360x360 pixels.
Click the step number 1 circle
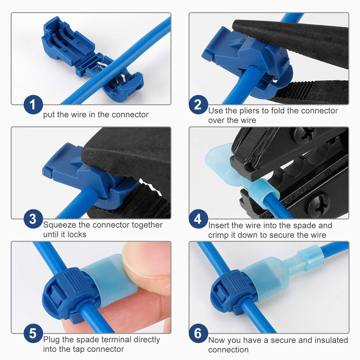[33, 105]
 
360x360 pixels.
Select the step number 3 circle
[33, 219]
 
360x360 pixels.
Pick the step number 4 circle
[198, 219]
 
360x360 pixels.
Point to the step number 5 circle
[33, 333]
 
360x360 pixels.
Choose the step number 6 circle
[198, 333]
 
